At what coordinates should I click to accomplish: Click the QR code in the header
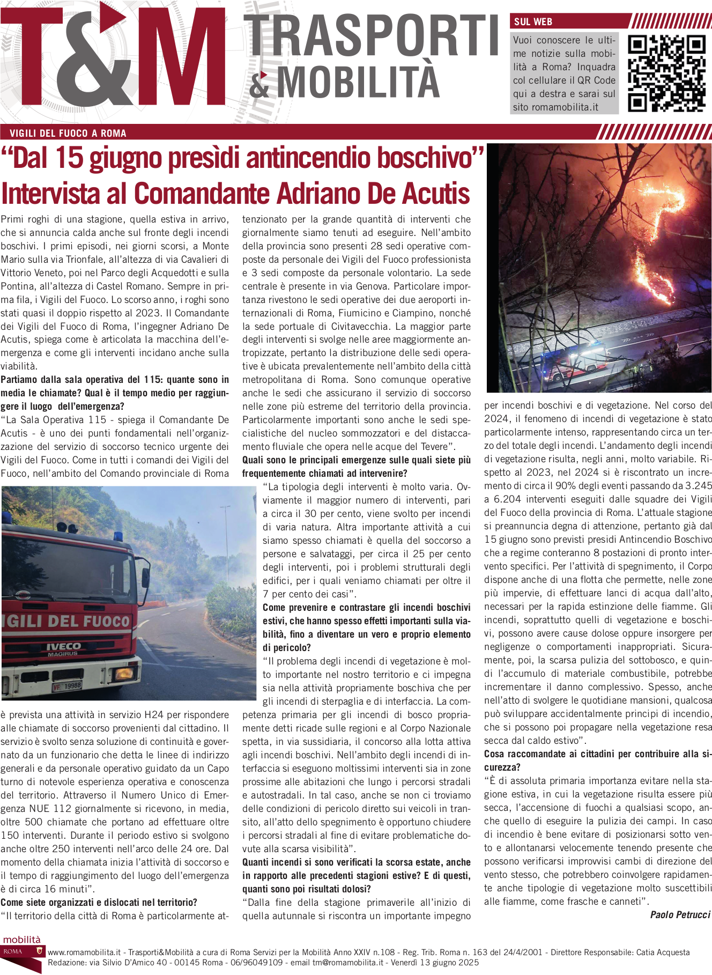(666, 73)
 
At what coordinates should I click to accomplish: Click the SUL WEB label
(533, 22)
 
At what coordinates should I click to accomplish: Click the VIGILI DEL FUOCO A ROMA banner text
(68, 134)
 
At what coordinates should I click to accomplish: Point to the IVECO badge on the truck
(63, 646)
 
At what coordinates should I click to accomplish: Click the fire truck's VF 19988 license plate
(67, 686)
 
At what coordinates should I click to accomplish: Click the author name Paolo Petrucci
(680, 914)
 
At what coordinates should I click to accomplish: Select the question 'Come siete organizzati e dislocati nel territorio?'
(99, 902)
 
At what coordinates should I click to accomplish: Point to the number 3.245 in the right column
(698, 486)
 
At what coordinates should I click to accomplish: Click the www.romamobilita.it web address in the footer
(84, 952)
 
